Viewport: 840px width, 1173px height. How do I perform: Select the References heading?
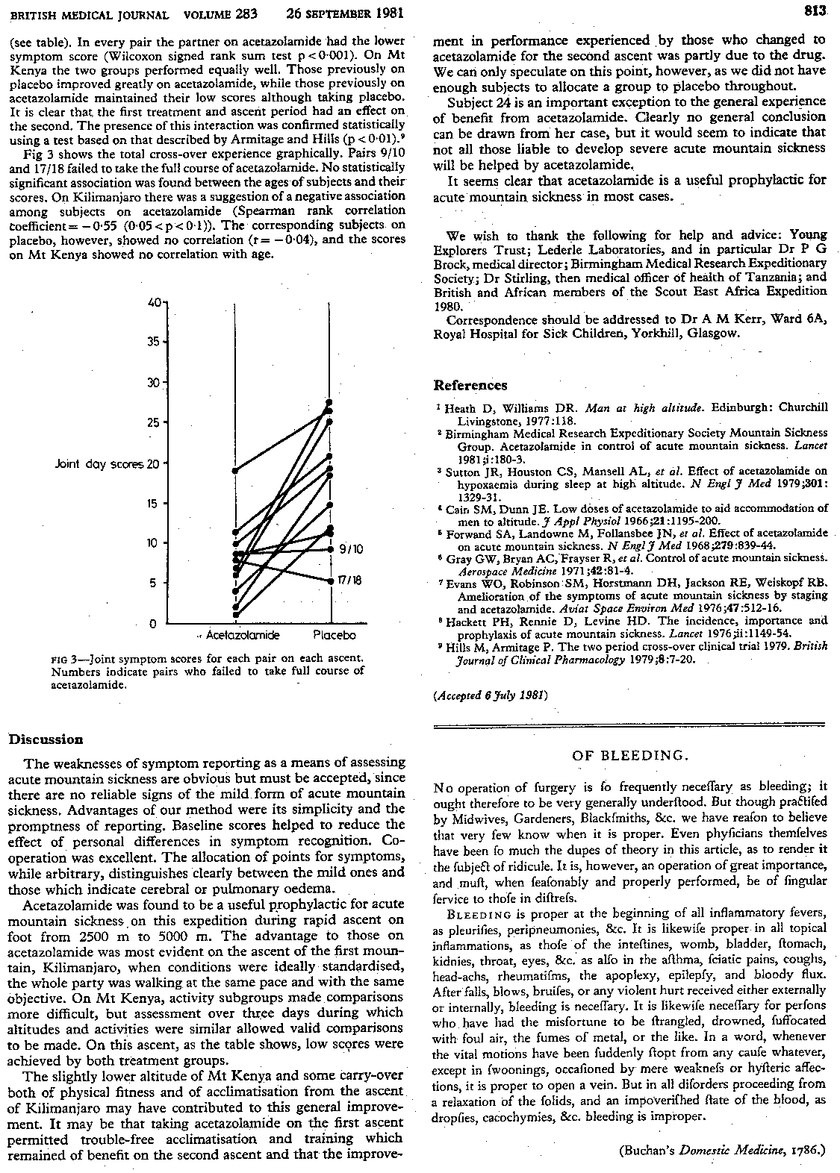coord(470,385)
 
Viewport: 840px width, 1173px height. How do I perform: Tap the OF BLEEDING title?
coord(629,755)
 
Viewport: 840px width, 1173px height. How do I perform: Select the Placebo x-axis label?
coord(334,635)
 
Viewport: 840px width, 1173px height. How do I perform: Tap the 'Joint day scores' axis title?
coord(99,463)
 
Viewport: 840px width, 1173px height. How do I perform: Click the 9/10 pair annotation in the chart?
coord(352,549)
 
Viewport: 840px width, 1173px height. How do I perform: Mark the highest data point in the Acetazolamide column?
coord(235,470)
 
